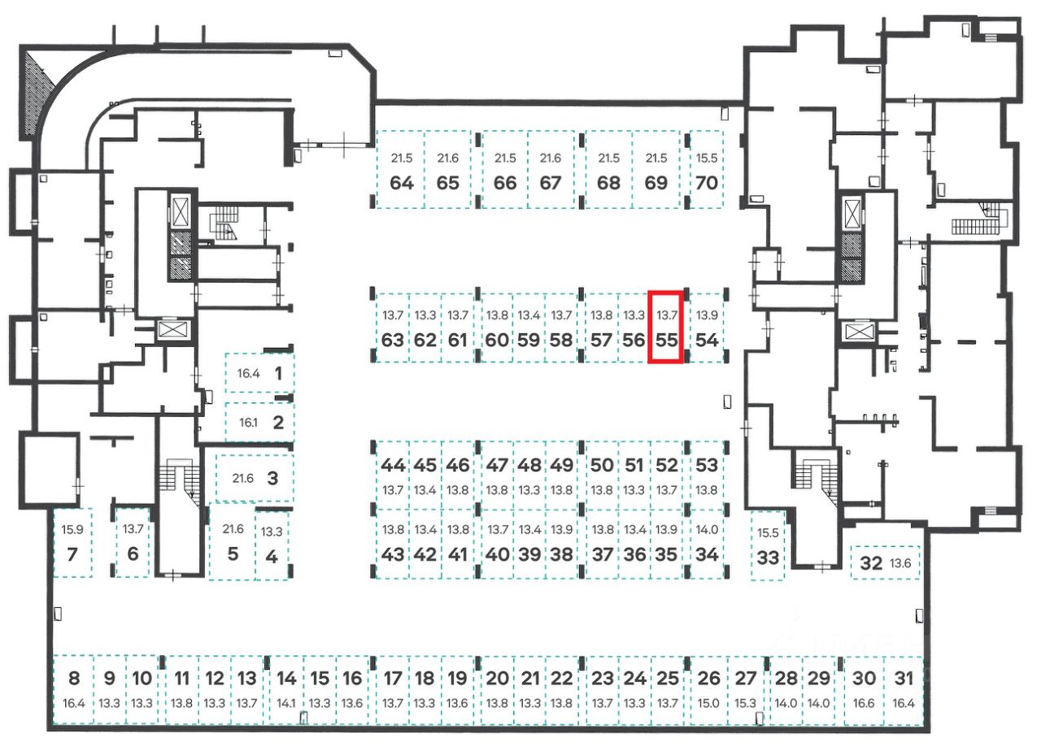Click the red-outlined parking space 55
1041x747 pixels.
(666, 328)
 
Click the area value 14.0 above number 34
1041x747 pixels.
(708, 530)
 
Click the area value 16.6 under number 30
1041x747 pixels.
(866, 703)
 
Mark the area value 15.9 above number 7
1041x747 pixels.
(72, 530)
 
